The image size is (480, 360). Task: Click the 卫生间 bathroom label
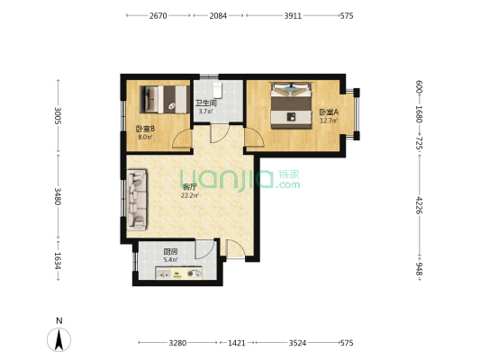206,103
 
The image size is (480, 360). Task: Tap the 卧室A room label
329,112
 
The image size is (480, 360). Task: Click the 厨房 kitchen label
170,252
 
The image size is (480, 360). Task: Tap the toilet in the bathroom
217,89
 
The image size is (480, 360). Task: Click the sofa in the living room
137,200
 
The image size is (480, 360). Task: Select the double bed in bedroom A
291,105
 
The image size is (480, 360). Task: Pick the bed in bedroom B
164,99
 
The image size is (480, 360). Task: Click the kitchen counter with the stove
179,273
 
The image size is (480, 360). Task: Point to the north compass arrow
59,339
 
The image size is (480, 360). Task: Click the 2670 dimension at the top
158,15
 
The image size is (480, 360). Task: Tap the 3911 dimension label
293,15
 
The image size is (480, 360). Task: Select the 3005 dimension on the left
59,115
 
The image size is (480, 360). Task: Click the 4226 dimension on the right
419,205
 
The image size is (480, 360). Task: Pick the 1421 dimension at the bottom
237,343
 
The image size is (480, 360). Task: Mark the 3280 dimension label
177,343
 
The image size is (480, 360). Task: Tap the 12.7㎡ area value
329,121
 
